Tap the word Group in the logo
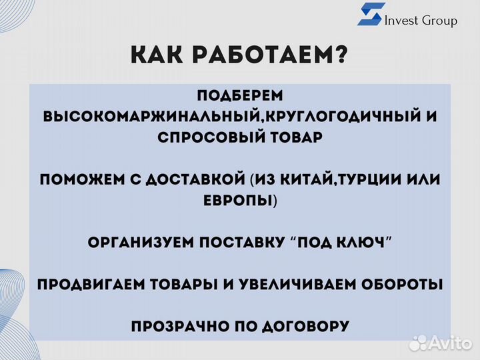pos(440,21)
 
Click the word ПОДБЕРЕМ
pos(240,95)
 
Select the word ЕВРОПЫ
pos(237,201)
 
